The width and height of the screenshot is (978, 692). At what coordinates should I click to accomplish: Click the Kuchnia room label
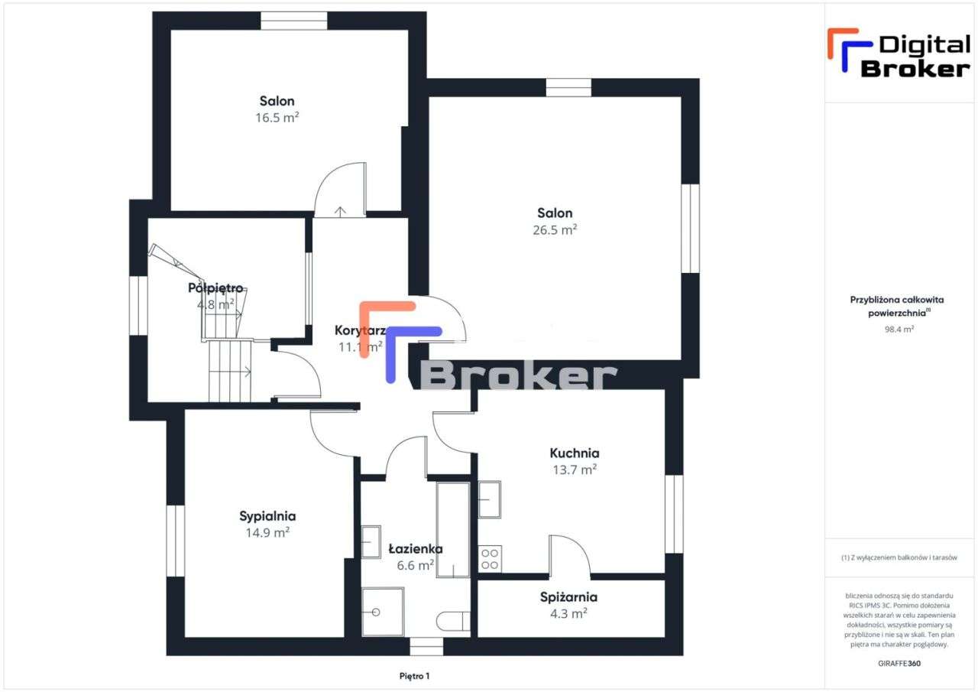click(574, 453)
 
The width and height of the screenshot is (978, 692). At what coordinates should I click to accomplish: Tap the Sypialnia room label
click(267, 516)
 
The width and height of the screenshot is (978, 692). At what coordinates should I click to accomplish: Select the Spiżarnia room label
click(568, 597)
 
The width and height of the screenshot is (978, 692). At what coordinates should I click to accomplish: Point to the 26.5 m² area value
click(555, 229)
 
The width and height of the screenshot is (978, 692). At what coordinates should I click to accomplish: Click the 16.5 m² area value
click(277, 118)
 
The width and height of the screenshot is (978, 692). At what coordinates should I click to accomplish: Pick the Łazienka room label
click(415, 548)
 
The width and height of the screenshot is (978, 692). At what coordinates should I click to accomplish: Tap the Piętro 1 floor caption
click(415, 676)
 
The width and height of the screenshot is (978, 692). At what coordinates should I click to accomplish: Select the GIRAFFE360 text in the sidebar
click(899, 663)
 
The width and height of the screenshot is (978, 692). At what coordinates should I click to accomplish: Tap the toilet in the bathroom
click(454, 621)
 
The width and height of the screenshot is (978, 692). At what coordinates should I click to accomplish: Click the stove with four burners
click(490, 559)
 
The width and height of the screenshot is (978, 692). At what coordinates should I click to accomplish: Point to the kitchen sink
click(490, 499)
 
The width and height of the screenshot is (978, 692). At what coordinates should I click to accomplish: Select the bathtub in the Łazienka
click(452, 529)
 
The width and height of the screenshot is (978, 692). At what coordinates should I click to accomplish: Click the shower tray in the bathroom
click(382, 612)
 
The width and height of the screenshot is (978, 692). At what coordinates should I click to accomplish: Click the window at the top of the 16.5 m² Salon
click(293, 21)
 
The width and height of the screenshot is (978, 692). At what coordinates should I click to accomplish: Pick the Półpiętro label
click(215, 288)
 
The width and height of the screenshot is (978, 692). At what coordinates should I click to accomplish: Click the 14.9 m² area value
click(267, 533)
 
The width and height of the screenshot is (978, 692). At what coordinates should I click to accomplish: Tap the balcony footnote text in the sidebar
click(899, 557)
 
